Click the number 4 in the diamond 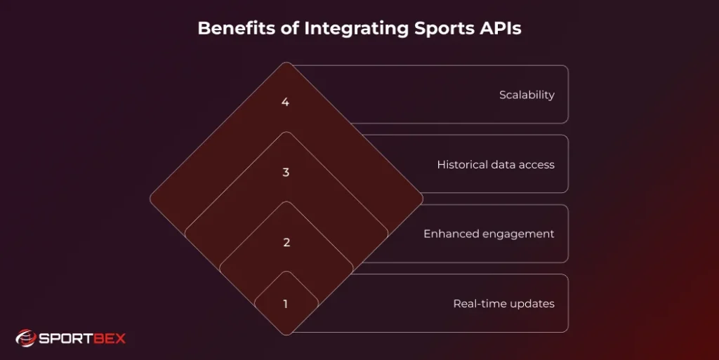coord(285,102)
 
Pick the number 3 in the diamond coord(286,173)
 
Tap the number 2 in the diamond coord(286,243)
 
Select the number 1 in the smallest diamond coord(285,305)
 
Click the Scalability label coord(527,95)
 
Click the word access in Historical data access coord(536,165)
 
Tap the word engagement coord(518,234)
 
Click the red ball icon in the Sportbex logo coord(25,338)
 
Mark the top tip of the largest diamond coord(286,63)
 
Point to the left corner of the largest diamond coord(151,199)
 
